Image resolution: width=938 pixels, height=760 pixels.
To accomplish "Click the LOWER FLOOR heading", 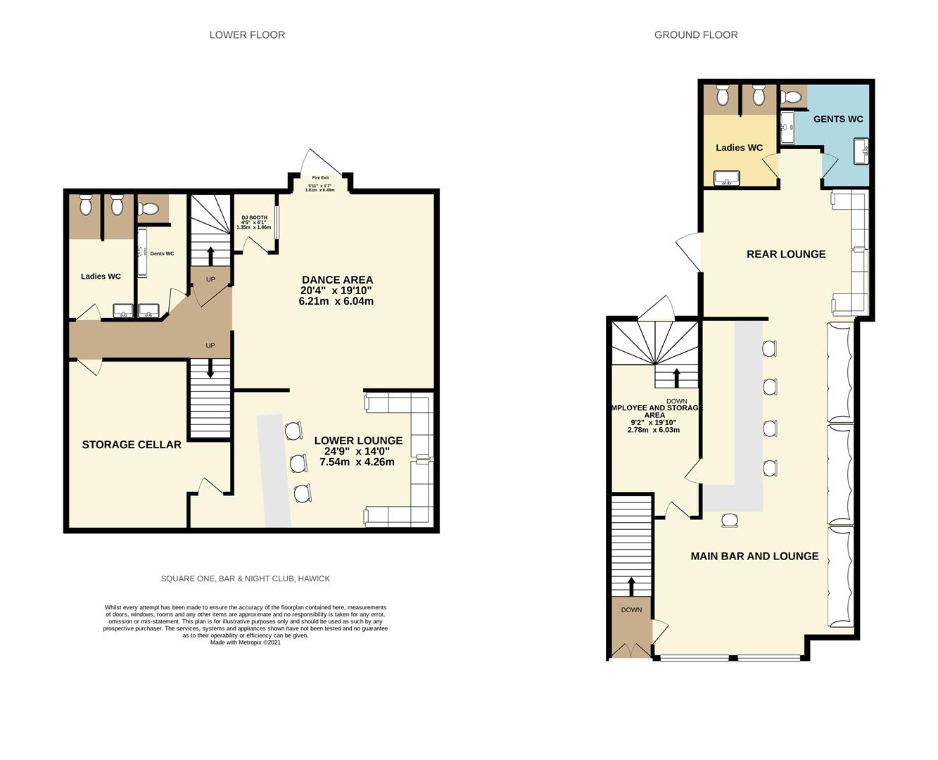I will click(247, 34).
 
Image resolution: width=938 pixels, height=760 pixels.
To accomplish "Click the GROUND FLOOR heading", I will click(695, 34).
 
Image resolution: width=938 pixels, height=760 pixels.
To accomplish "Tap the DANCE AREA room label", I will click(337, 279).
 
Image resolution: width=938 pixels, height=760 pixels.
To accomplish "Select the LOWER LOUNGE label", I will click(358, 441).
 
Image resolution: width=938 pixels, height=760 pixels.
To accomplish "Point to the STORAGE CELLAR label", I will click(132, 445).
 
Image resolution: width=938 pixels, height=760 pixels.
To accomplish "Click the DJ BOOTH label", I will click(254, 217).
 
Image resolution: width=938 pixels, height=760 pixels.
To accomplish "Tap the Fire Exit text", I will click(320, 177).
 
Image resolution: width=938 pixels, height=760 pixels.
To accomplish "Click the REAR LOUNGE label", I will click(785, 254).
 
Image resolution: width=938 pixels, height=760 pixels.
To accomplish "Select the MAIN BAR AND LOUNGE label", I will click(754, 556).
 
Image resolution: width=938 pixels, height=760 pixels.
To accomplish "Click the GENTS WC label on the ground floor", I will click(837, 119).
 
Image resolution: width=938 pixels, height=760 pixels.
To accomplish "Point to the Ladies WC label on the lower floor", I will click(101, 277).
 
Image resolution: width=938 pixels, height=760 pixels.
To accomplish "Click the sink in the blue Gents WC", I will click(861, 151).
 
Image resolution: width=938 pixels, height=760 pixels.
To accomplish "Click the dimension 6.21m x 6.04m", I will click(336, 301).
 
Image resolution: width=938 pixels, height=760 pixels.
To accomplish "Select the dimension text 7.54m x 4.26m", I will click(357, 462).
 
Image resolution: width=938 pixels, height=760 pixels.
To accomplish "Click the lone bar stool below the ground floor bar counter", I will click(730, 520).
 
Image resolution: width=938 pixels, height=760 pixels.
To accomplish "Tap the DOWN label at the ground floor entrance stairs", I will click(631, 609).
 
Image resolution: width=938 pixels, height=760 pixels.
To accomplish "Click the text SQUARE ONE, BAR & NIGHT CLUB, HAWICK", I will click(245, 578).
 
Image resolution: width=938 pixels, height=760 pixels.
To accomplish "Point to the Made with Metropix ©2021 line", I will click(245, 642).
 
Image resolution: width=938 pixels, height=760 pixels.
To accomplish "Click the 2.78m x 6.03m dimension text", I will click(653, 430).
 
